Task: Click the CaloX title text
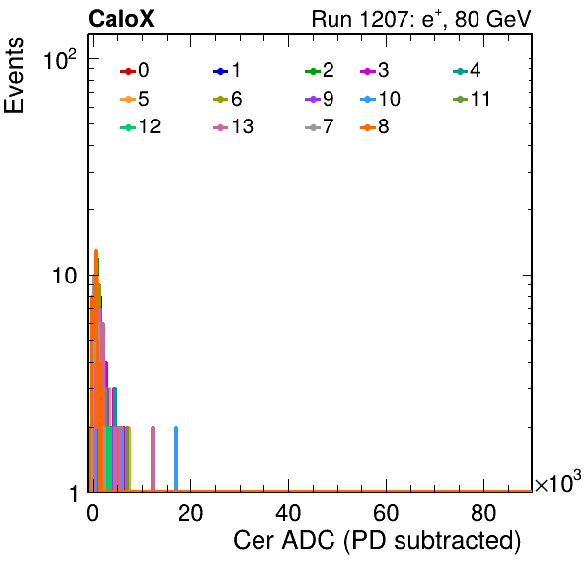[x=121, y=19]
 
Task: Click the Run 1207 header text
[x=421, y=19]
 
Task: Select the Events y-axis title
[x=14, y=75]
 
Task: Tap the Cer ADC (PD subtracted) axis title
[x=377, y=540]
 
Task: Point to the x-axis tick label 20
[x=190, y=513]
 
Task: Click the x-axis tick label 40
[x=288, y=513]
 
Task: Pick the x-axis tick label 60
[x=386, y=513]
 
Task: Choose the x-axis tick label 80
[x=483, y=513]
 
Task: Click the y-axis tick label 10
[x=65, y=276]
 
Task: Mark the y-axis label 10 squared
[x=60, y=60]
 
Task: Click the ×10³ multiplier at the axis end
[x=558, y=482]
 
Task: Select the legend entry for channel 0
[x=134, y=70]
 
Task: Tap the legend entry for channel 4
[x=467, y=70]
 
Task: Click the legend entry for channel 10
[x=380, y=99]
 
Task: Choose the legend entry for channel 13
[x=233, y=126]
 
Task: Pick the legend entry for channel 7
[x=319, y=126]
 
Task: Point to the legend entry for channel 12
[x=141, y=126]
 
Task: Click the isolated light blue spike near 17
[x=176, y=458]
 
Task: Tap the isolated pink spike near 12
[x=153, y=458]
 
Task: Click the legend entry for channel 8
[x=375, y=126]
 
